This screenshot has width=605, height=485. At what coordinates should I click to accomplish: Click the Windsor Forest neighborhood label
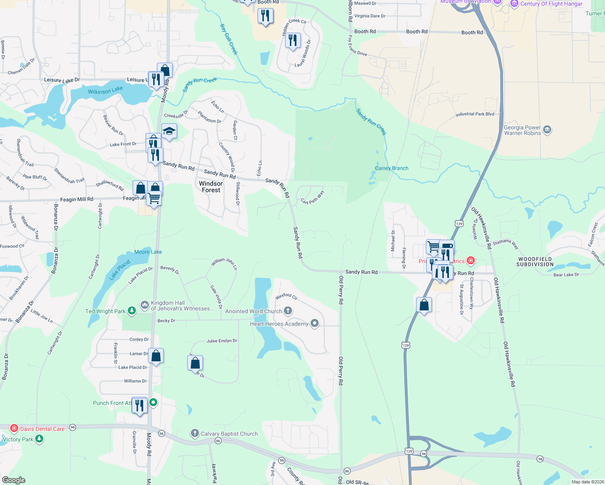211,187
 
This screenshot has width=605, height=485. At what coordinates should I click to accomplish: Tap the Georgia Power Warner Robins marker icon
547,130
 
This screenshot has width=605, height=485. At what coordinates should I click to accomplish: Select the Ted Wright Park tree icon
131,311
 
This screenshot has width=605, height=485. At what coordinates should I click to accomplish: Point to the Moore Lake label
148,252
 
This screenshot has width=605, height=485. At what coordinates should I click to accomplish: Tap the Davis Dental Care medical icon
14,428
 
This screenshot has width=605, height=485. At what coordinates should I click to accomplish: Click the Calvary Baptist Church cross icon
195,434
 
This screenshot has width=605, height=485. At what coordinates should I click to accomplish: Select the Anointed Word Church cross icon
288,311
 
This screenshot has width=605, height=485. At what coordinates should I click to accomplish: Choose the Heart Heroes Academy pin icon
314,323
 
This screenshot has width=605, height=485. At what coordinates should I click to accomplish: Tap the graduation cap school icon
169,131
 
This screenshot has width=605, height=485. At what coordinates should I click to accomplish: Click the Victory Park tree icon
39,439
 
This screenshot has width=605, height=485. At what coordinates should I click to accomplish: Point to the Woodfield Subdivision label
535,261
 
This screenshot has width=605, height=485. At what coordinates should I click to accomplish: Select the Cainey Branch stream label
391,168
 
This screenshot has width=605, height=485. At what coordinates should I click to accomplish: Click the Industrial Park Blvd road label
475,114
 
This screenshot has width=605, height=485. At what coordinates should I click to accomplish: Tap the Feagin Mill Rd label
76,199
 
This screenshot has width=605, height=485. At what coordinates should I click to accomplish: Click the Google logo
14,480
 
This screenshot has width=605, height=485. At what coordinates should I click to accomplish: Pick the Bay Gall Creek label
229,39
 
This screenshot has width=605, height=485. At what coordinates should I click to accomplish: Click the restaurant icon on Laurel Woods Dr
293,40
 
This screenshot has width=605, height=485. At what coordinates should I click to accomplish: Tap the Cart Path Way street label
313,197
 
